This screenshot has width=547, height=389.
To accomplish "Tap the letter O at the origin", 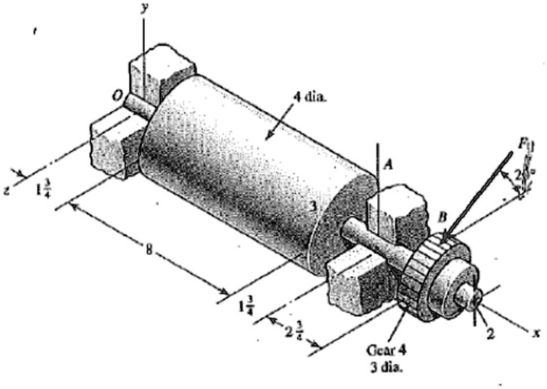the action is pos(117,97).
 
